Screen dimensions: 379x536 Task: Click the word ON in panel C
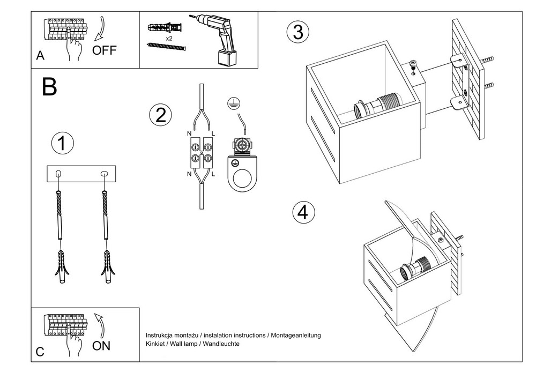click(x=101, y=346)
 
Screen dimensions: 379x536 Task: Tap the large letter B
click(x=49, y=87)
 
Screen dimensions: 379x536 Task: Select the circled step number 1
click(x=62, y=143)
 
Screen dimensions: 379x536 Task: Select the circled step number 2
click(x=160, y=115)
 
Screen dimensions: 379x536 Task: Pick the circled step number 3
click(x=298, y=32)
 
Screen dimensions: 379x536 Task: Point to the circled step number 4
click(x=303, y=212)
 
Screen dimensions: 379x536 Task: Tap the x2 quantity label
click(x=169, y=39)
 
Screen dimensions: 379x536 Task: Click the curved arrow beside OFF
click(x=100, y=29)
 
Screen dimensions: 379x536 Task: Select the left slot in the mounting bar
click(x=59, y=174)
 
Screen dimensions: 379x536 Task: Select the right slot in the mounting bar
click(x=104, y=174)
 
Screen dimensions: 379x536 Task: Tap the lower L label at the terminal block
click(x=213, y=174)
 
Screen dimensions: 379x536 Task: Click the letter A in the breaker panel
click(x=40, y=56)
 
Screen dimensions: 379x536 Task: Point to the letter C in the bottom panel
click(x=40, y=352)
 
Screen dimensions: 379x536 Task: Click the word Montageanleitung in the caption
click(x=296, y=335)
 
